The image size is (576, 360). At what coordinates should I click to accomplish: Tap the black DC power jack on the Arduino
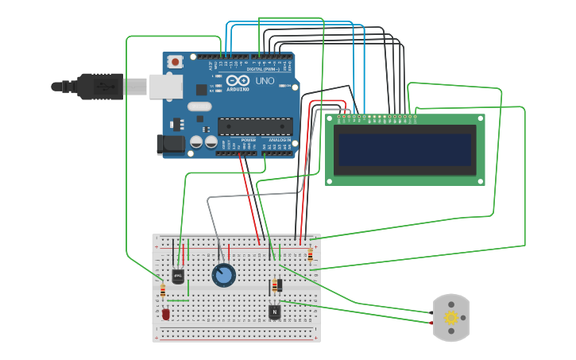(170, 145)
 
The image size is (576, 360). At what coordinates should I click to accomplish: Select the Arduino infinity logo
(236, 80)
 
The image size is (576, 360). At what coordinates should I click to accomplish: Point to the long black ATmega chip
(255, 126)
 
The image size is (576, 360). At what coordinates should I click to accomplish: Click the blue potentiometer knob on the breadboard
(224, 276)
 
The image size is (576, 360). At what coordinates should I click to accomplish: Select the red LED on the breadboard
(165, 314)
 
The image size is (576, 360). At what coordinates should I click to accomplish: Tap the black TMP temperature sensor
(177, 276)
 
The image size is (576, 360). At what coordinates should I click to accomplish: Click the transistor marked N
(275, 312)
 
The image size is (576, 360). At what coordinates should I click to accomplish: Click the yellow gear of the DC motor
(451, 318)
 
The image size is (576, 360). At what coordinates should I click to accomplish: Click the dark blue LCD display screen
(405, 149)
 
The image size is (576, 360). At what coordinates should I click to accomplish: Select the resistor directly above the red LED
(163, 291)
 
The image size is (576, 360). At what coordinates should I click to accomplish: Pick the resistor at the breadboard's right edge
(309, 254)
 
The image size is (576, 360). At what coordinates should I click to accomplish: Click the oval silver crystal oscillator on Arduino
(199, 106)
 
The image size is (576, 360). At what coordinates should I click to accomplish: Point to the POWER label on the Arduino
(248, 139)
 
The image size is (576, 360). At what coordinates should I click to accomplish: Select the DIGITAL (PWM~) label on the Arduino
(261, 69)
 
